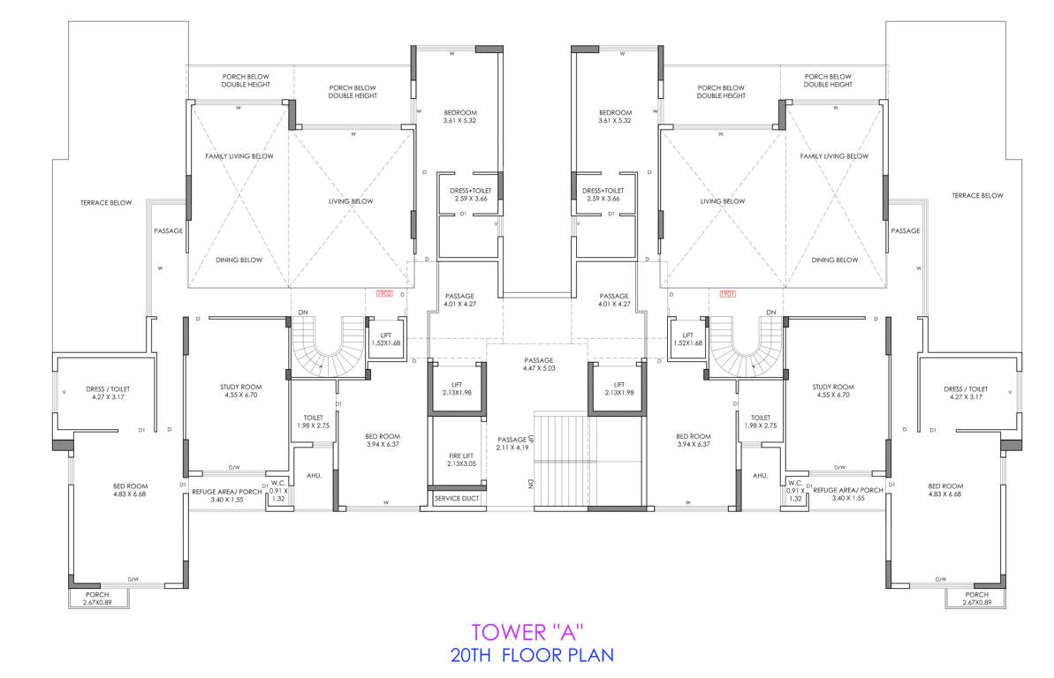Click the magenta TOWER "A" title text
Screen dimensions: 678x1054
point(527,632)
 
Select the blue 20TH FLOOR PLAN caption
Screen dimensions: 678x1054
point(531,655)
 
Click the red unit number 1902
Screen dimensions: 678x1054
point(383,293)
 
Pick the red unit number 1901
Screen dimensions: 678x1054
point(728,293)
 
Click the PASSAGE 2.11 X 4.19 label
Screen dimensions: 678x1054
point(512,443)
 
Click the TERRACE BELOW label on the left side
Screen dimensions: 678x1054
point(105,203)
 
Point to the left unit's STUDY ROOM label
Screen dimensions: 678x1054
point(240,391)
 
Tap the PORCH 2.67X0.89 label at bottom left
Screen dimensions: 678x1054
point(97,599)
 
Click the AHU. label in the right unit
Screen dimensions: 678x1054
point(760,476)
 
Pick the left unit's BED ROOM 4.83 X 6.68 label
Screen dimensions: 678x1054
point(129,491)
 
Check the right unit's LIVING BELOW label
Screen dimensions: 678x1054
point(723,201)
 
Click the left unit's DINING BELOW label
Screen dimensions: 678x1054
point(239,260)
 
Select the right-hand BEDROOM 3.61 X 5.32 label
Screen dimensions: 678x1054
point(615,117)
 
